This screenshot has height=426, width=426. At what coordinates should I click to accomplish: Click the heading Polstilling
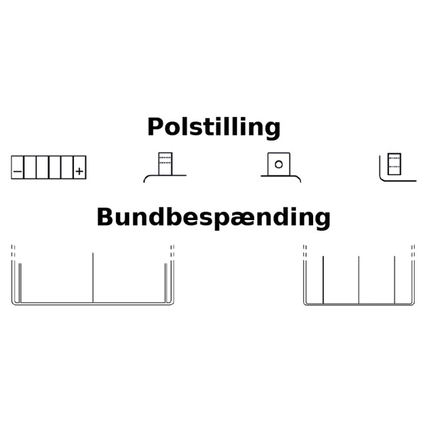[214, 127]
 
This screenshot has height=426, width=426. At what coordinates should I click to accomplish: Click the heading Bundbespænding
[214, 218]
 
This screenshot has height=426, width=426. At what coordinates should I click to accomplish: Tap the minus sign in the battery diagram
[17, 171]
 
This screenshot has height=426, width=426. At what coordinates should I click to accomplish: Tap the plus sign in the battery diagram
[80, 171]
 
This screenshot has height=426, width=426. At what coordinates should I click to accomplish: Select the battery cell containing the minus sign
[17, 168]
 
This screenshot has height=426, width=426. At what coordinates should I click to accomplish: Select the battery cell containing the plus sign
[80, 168]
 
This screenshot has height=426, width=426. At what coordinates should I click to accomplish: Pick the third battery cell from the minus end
[43, 168]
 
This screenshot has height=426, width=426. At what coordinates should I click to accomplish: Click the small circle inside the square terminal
[279, 165]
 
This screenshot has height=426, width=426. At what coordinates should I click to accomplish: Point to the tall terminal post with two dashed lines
[165, 164]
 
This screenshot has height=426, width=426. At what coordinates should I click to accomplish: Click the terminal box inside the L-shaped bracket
[394, 164]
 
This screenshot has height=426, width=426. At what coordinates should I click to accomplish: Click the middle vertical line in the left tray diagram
[93, 278]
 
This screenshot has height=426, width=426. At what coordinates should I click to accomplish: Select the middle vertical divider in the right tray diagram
[359, 280]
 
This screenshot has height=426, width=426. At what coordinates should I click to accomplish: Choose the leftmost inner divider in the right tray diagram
[323, 280]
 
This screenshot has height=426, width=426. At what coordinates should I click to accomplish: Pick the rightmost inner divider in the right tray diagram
[395, 280]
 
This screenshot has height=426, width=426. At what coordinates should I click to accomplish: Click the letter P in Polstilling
[155, 126]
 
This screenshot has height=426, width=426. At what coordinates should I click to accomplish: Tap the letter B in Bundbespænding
[104, 217]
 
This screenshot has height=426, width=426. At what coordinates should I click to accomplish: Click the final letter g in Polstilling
[273, 131]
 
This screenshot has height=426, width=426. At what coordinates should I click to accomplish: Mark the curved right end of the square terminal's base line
[298, 179]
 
